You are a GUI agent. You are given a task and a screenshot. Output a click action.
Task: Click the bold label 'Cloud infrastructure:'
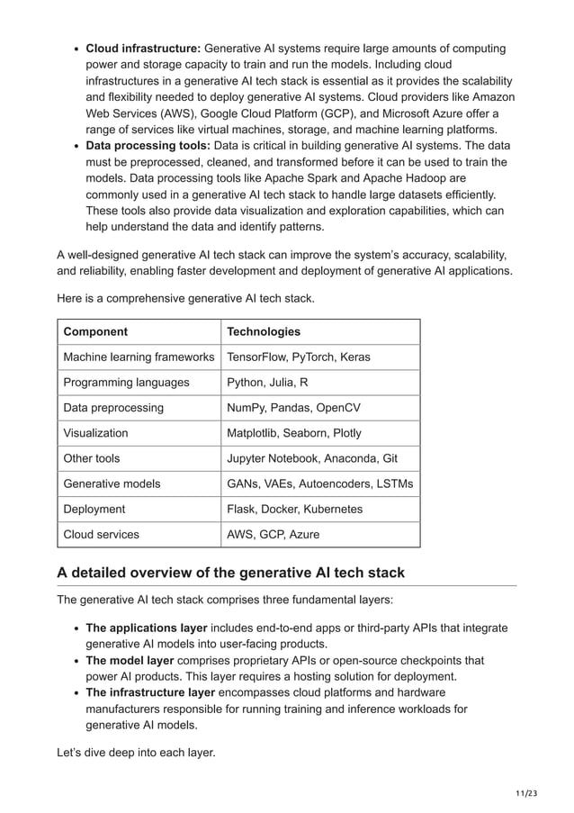click(x=143, y=49)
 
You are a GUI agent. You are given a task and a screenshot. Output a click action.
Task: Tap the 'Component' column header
click(x=95, y=332)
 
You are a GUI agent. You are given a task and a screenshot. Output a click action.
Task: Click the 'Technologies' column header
click(x=264, y=332)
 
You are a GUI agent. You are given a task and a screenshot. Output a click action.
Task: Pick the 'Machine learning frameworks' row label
click(x=139, y=357)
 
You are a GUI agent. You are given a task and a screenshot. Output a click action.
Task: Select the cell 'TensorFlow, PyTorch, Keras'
click(x=298, y=357)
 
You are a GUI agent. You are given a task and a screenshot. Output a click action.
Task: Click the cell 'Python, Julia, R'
click(x=267, y=383)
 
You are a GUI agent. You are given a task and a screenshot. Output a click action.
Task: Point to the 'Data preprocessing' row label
click(x=113, y=408)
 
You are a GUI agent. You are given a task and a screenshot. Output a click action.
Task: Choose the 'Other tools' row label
click(x=92, y=458)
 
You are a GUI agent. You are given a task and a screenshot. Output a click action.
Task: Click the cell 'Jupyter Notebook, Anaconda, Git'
click(x=311, y=458)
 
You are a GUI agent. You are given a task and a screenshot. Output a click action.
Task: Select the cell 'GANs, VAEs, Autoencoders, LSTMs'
click(x=319, y=483)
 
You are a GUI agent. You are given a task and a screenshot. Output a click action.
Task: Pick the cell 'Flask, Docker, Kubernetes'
click(x=294, y=509)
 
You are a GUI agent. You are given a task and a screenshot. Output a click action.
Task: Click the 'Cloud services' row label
click(x=101, y=534)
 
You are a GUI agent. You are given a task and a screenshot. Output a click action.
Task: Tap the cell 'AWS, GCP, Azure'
click(x=273, y=534)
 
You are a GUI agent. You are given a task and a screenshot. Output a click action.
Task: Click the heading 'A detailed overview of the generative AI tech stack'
click(x=230, y=573)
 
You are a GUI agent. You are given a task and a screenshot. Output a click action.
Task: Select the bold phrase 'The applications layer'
click(x=147, y=628)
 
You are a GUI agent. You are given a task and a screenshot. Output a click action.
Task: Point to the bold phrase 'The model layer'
click(x=130, y=660)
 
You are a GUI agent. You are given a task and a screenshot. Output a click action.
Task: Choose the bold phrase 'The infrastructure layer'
click(x=150, y=692)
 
